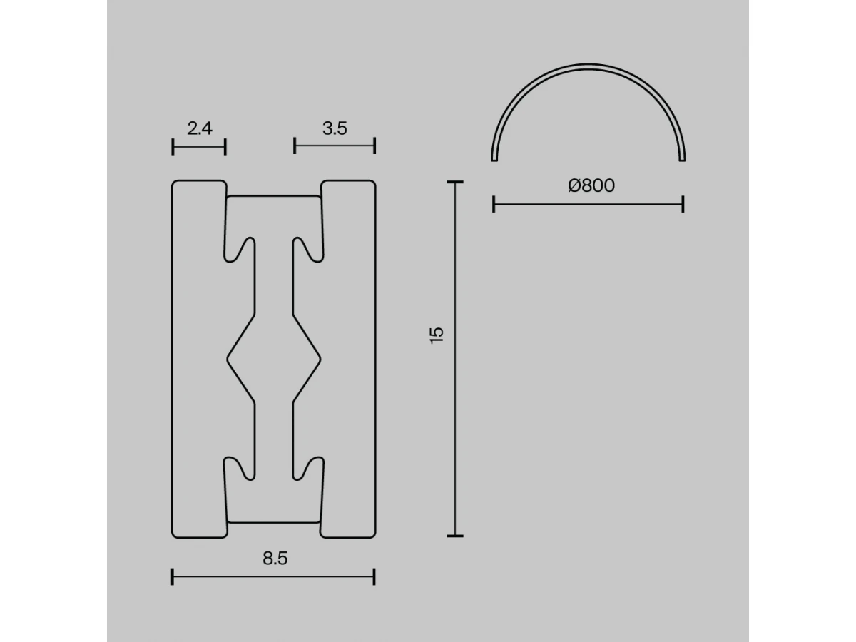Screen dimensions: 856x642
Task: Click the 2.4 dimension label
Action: click(x=200, y=128)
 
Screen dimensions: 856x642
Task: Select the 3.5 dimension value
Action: click(x=335, y=128)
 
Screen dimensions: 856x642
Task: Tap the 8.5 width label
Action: click(x=275, y=559)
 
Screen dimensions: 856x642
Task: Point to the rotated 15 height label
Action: click(x=437, y=335)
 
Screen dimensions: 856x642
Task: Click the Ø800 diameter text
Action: click(x=591, y=185)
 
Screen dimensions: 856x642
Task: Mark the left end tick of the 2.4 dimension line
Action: click(x=173, y=147)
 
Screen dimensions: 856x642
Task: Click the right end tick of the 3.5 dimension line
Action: click(x=374, y=146)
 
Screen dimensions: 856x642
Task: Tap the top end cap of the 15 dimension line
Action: click(x=454, y=182)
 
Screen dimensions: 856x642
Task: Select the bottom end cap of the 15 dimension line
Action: click(x=454, y=536)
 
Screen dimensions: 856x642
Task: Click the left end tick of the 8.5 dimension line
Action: click(x=173, y=576)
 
